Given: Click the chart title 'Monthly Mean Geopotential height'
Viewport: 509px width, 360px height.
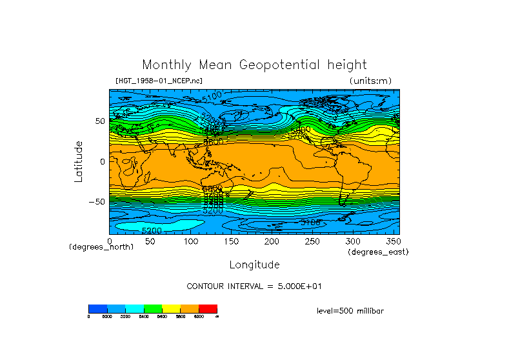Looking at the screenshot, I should click(254, 65).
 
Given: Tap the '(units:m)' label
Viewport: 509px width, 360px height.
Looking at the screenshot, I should click(370, 81).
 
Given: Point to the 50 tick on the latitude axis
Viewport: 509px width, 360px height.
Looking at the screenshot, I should click(99, 121).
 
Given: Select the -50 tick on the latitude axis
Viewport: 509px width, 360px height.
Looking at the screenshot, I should click(97, 202).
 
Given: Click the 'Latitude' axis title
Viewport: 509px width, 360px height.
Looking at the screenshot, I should click(79, 161).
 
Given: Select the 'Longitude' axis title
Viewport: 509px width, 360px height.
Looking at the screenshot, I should click(254, 265).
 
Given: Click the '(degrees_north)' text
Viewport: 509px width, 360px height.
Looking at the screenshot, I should click(101, 247).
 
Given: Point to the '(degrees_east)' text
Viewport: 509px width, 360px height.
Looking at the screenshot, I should click(378, 252).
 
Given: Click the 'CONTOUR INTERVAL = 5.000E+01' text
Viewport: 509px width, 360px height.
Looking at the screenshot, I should click(254, 286).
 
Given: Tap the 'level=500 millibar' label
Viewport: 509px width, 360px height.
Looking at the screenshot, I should click(350, 311).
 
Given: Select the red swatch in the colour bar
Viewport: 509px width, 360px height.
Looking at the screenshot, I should click(208, 308).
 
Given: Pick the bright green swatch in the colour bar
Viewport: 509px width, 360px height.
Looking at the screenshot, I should click(153, 308).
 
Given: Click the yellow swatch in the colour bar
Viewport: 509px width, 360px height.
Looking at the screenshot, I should click(171, 308).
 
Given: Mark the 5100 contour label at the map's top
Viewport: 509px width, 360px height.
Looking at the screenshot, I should click(212, 96).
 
